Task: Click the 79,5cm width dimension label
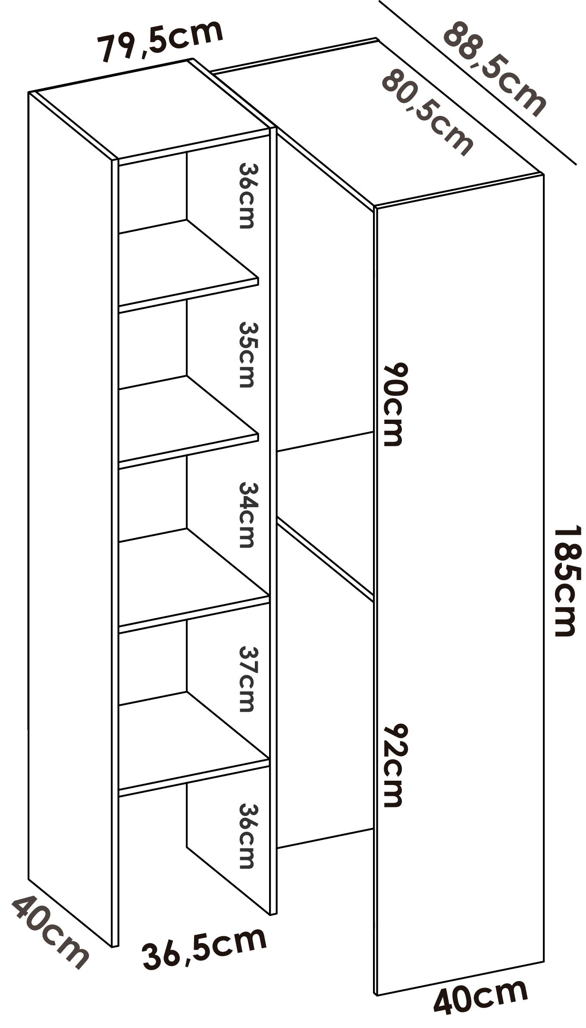pyautogui.click(x=160, y=41)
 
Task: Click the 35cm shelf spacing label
pyautogui.click(x=247, y=354)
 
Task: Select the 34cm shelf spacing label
pyautogui.click(x=247, y=514)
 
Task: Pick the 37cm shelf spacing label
pyautogui.click(x=247, y=679)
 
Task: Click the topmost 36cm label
pyautogui.click(x=247, y=195)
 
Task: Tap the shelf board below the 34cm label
pyautogui.click(x=190, y=577)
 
